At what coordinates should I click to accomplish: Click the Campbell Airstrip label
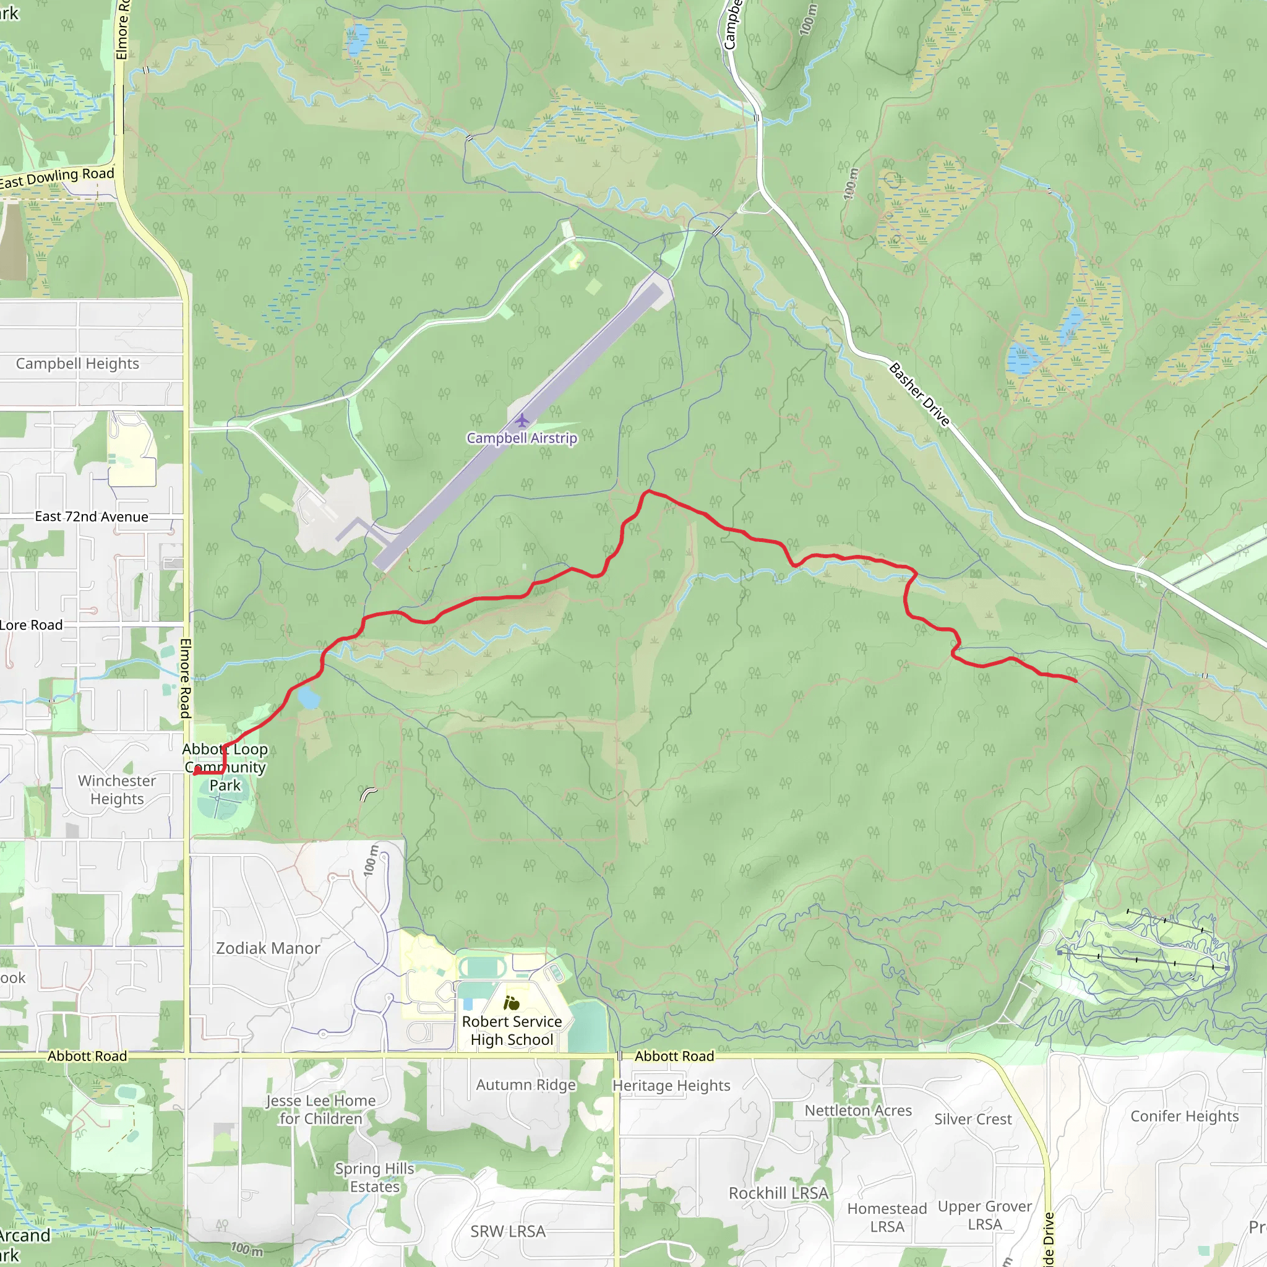click(x=522, y=438)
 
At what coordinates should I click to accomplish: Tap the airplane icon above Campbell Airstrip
click(x=522, y=419)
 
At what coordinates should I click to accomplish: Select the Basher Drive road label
click(x=919, y=395)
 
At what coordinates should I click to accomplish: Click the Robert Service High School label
click(x=512, y=1030)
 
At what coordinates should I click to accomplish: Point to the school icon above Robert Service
click(x=512, y=1003)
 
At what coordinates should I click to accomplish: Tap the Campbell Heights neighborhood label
click(x=77, y=363)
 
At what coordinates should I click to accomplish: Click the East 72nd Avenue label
click(x=92, y=517)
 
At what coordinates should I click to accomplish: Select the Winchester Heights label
click(x=117, y=789)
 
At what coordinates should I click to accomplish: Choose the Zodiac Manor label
click(x=268, y=948)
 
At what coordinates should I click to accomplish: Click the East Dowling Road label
click(x=58, y=178)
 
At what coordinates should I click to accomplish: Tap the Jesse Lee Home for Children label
click(x=320, y=1110)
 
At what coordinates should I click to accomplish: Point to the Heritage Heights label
click(x=671, y=1085)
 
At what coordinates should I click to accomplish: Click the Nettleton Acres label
click(x=859, y=1110)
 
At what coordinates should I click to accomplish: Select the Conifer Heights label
click(x=1184, y=1116)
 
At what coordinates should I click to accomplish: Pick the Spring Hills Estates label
click(x=374, y=1178)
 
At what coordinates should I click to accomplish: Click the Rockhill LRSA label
click(x=779, y=1193)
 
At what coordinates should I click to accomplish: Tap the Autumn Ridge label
click(x=526, y=1084)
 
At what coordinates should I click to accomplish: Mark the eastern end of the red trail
click(x=1075, y=681)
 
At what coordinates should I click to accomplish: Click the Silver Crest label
click(x=973, y=1119)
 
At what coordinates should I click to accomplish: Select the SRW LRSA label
click(x=509, y=1232)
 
